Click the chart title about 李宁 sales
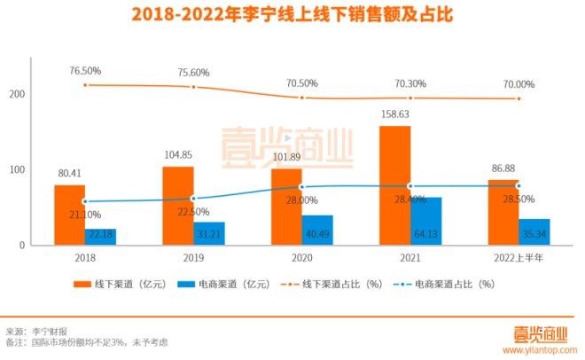click(x=292, y=16)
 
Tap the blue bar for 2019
click(x=209, y=233)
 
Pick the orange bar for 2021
click(x=394, y=185)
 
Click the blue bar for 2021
click(x=426, y=221)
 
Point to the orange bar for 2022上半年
click(x=503, y=212)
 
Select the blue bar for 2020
click(x=317, y=230)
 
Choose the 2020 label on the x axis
click(x=301, y=257)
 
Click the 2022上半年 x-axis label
click(x=519, y=257)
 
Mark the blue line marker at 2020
click(x=301, y=187)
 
